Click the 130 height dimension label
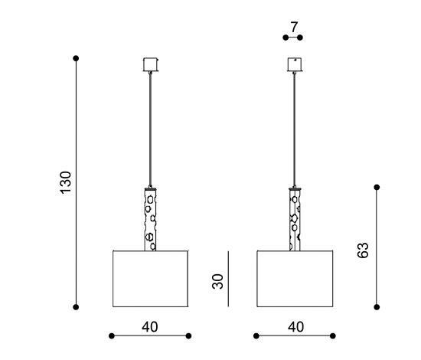66,182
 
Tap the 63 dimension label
363,250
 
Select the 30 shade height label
217,281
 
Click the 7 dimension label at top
294,27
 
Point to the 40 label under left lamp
150,327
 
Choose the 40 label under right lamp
296,327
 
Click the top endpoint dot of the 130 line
76,58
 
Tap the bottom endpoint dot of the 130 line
76,307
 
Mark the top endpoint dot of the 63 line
377,187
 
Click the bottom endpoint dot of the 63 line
377,307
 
